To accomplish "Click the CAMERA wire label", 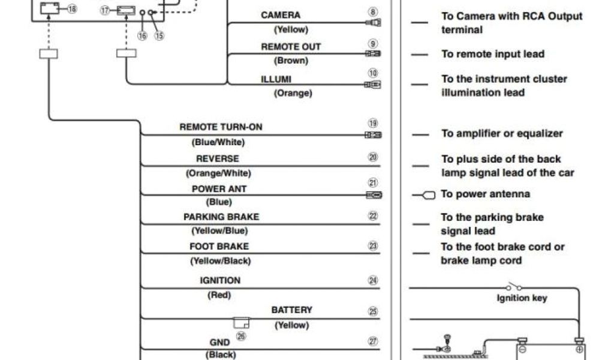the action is coord(281,15).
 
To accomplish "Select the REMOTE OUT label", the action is coord(291,47).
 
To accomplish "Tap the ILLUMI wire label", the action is coord(276,79).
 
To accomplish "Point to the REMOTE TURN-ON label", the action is coord(221,128).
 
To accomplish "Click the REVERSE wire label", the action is coord(217,159).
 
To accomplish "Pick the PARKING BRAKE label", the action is coord(221,217).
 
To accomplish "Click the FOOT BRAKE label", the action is coord(219,247).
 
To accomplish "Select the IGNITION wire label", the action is coord(220,280).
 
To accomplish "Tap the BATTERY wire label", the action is coord(291,310).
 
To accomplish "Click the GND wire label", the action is coord(219,342).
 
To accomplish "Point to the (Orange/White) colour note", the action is coord(218,173).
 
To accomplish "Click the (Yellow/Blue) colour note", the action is coord(219,231).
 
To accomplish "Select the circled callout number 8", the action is coord(373,12).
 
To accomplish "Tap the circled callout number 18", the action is coord(72,9).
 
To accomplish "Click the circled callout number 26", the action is coord(241,336).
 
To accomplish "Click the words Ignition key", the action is coord(522,298).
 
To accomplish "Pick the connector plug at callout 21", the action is coord(374,195).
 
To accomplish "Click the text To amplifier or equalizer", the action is coord(502,134).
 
